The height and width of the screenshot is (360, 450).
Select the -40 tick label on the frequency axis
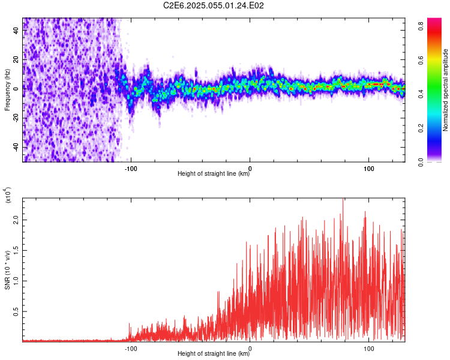[16, 148]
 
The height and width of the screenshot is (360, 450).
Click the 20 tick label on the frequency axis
[16, 59]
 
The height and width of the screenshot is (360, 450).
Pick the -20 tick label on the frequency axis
[16, 118]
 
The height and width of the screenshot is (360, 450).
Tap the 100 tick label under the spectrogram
[369, 167]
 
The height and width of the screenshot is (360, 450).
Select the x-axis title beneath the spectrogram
[214, 174]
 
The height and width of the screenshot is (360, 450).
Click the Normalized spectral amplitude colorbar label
[445, 90]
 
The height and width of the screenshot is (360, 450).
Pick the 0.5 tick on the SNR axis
[16, 311]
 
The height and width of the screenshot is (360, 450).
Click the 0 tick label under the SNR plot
[250, 347]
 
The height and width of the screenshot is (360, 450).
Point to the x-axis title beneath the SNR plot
[214, 354]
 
